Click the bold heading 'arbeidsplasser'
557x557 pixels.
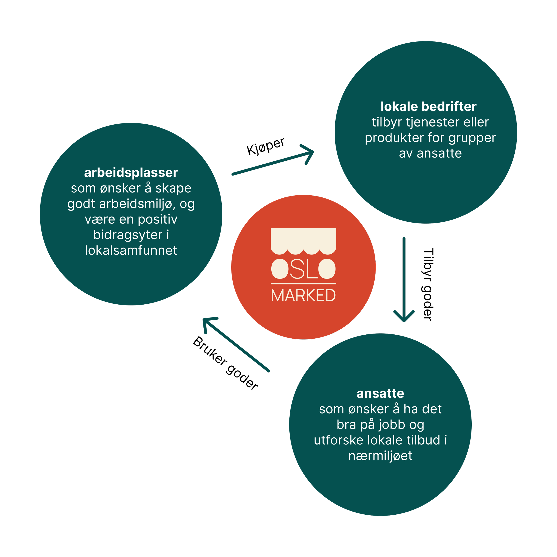click(x=131, y=173)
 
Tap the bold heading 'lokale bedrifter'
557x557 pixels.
click(x=428, y=107)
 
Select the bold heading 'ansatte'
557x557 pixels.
click(x=380, y=393)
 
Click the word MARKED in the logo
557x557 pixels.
click(x=303, y=295)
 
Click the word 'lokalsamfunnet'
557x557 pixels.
click(x=131, y=250)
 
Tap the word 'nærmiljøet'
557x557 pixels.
click(x=380, y=456)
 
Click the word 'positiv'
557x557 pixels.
click(x=158, y=219)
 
